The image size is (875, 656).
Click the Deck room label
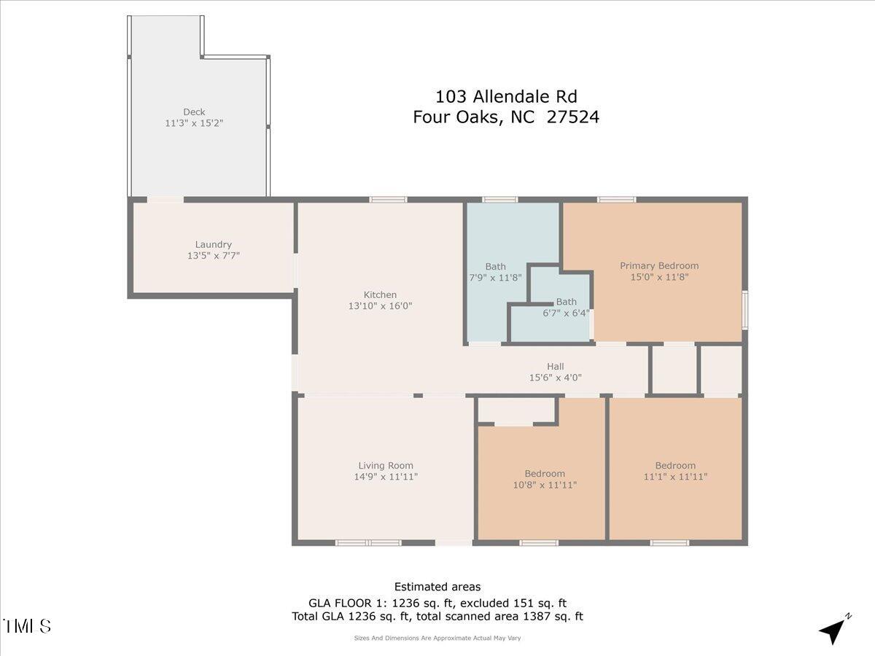(194, 112)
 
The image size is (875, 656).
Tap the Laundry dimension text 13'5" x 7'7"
(214, 256)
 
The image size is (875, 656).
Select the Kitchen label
(380, 294)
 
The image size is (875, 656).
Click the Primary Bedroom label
(659, 265)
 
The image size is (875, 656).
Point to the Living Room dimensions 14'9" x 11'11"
(386, 477)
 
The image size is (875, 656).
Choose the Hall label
(556, 366)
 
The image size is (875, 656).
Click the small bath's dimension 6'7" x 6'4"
(567, 313)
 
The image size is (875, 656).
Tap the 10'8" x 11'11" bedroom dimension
(545, 485)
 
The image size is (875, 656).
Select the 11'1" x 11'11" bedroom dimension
(675, 477)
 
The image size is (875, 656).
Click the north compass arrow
(833, 630)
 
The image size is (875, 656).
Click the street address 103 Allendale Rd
(506, 96)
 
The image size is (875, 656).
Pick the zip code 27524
(573, 117)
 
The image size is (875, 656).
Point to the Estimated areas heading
(437, 587)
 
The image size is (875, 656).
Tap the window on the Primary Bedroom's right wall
(744, 311)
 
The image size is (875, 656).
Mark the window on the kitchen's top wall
(388, 199)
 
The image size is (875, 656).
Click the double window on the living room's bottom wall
(368, 542)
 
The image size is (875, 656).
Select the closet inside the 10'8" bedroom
(516, 411)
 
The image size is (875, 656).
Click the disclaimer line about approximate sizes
(437, 638)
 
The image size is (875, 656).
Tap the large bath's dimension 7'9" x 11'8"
(496, 277)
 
